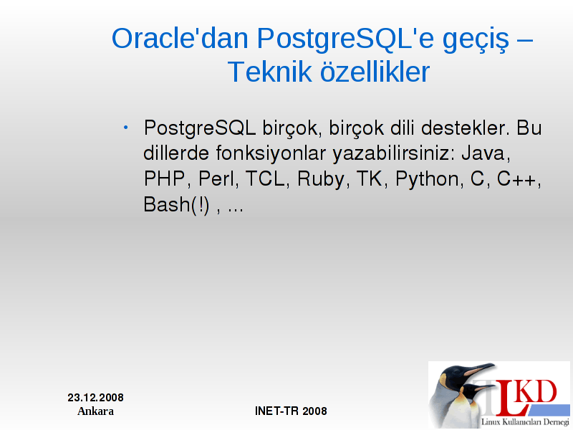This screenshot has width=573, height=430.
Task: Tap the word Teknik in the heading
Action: click(269, 72)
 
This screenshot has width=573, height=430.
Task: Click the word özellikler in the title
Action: click(375, 72)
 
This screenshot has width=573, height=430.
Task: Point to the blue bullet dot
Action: click(126, 128)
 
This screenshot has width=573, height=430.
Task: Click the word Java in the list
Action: click(486, 153)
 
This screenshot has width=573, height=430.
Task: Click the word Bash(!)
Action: click(176, 205)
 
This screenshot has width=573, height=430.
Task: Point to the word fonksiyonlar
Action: click(271, 154)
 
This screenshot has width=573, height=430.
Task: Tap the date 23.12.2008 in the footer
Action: click(95, 398)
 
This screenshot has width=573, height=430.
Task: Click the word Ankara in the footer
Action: click(95, 411)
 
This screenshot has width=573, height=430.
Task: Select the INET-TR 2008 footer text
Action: click(291, 411)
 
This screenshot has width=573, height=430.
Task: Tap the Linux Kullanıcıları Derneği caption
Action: click(525, 422)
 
